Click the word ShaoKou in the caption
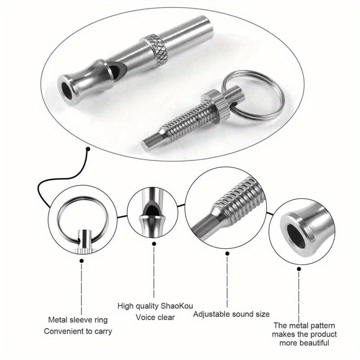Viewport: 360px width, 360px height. (179, 306)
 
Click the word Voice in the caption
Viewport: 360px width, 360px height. (144, 317)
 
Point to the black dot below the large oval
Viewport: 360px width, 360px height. (89, 148)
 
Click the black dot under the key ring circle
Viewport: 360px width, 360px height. (81, 259)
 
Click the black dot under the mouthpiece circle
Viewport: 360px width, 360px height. (298, 269)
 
